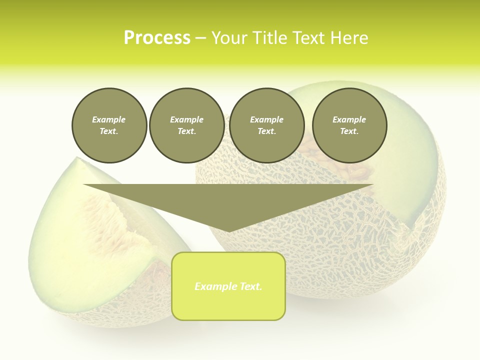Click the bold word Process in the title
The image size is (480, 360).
157,38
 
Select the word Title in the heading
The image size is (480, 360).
269,38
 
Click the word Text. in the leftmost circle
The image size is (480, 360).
109,131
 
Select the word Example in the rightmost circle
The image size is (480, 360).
349,119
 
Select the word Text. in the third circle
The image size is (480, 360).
266,131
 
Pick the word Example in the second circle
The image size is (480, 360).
186,119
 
